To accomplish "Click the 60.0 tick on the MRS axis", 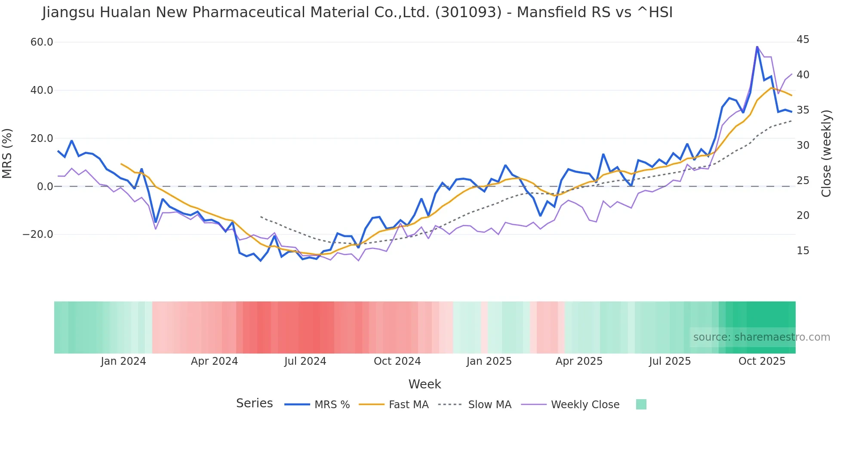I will [x=42, y=42].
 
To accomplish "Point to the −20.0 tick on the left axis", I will [x=38, y=234].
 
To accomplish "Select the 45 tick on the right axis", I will [x=803, y=40].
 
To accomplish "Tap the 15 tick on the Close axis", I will [x=803, y=251].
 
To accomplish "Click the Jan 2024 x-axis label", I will [x=123, y=361].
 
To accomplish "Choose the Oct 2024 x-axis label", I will [x=397, y=361].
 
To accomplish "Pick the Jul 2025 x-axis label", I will [x=670, y=361].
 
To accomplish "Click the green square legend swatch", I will [x=641, y=404].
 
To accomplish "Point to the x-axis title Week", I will [x=425, y=384].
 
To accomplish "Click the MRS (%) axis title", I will [x=7, y=154].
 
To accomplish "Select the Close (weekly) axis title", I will [x=826, y=154].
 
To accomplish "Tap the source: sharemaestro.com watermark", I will [x=761, y=337].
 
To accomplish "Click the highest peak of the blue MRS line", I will [x=757, y=47].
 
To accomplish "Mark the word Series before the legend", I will [x=254, y=403].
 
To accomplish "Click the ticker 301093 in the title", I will [x=468, y=12].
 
